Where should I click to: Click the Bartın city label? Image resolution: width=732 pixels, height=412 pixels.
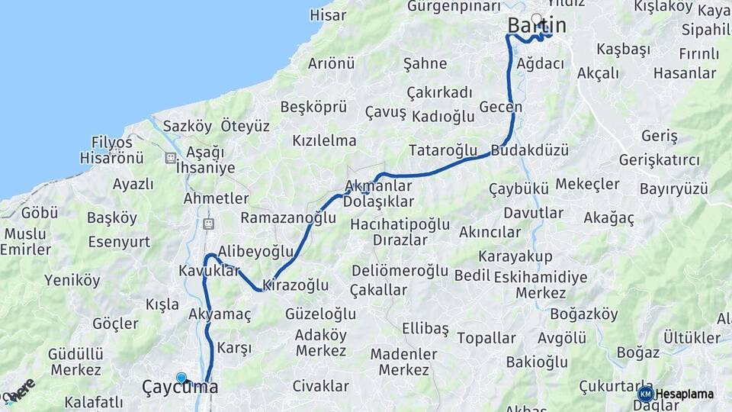(537, 26)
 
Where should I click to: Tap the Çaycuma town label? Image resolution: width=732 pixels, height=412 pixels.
(180, 388)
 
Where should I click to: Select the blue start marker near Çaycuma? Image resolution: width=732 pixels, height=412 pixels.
(181, 378)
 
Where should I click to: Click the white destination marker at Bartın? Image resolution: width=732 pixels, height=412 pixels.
(537, 18)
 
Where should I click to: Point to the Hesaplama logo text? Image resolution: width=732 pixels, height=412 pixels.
(685, 394)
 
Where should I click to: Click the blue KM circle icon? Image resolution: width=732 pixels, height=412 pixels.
(645, 394)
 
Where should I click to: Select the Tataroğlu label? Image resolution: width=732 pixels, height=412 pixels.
(443, 150)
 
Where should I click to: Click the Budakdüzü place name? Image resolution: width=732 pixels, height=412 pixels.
(530, 150)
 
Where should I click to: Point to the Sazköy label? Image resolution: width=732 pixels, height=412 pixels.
(187, 125)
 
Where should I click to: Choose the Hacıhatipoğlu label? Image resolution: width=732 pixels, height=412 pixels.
(400, 225)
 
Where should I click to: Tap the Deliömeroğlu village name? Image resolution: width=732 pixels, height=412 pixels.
(400, 271)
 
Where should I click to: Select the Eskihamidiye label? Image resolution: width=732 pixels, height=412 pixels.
(541, 277)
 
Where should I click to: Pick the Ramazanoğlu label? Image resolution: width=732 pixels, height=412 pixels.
(288, 218)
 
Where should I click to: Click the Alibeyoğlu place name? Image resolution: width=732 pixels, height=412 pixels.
(255, 251)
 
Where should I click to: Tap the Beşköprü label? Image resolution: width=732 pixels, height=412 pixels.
(313, 107)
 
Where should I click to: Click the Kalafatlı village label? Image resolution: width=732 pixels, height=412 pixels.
(94, 402)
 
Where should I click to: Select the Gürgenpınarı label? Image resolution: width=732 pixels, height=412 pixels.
(454, 7)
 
